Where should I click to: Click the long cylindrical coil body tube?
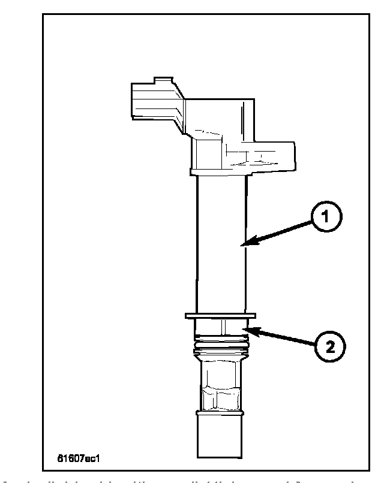pyautogui.click(x=221, y=246)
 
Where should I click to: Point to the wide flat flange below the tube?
pyautogui.click(x=221, y=315)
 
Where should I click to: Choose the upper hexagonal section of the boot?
pyautogui.click(x=221, y=372)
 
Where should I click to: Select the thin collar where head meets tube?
pyautogui.click(x=221, y=173)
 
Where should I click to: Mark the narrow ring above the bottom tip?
pyautogui.click(x=221, y=413)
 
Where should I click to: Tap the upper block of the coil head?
pyautogui.click(x=216, y=117)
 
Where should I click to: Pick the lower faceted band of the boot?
pyautogui.click(x=221, y=398)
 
